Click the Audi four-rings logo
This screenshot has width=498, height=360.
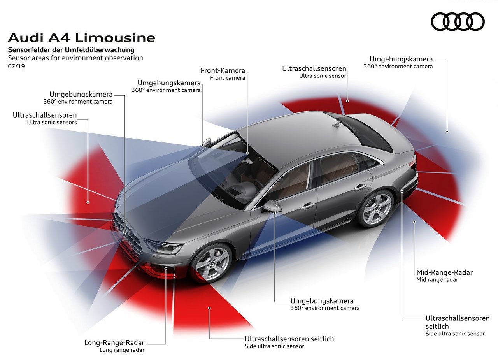point(458,21)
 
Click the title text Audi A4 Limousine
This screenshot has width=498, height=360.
point(81,38)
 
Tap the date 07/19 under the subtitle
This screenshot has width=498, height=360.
point(16,66)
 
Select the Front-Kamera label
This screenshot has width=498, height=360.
point(223,71)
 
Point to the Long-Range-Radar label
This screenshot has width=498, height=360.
point(114,342)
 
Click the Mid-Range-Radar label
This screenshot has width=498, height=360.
point(445,272)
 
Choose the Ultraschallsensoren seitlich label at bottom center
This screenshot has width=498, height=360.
point(289,339)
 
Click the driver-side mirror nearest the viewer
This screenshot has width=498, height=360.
point(272,206)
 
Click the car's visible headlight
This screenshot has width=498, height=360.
point(164,246)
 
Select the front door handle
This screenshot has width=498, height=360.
point(307,206)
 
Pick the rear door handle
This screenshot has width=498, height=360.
point(360,187)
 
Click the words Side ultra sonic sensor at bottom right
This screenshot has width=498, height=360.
point(455,334)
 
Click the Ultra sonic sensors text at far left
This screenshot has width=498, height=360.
point(52,122)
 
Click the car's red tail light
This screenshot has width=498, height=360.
point(414,162)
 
